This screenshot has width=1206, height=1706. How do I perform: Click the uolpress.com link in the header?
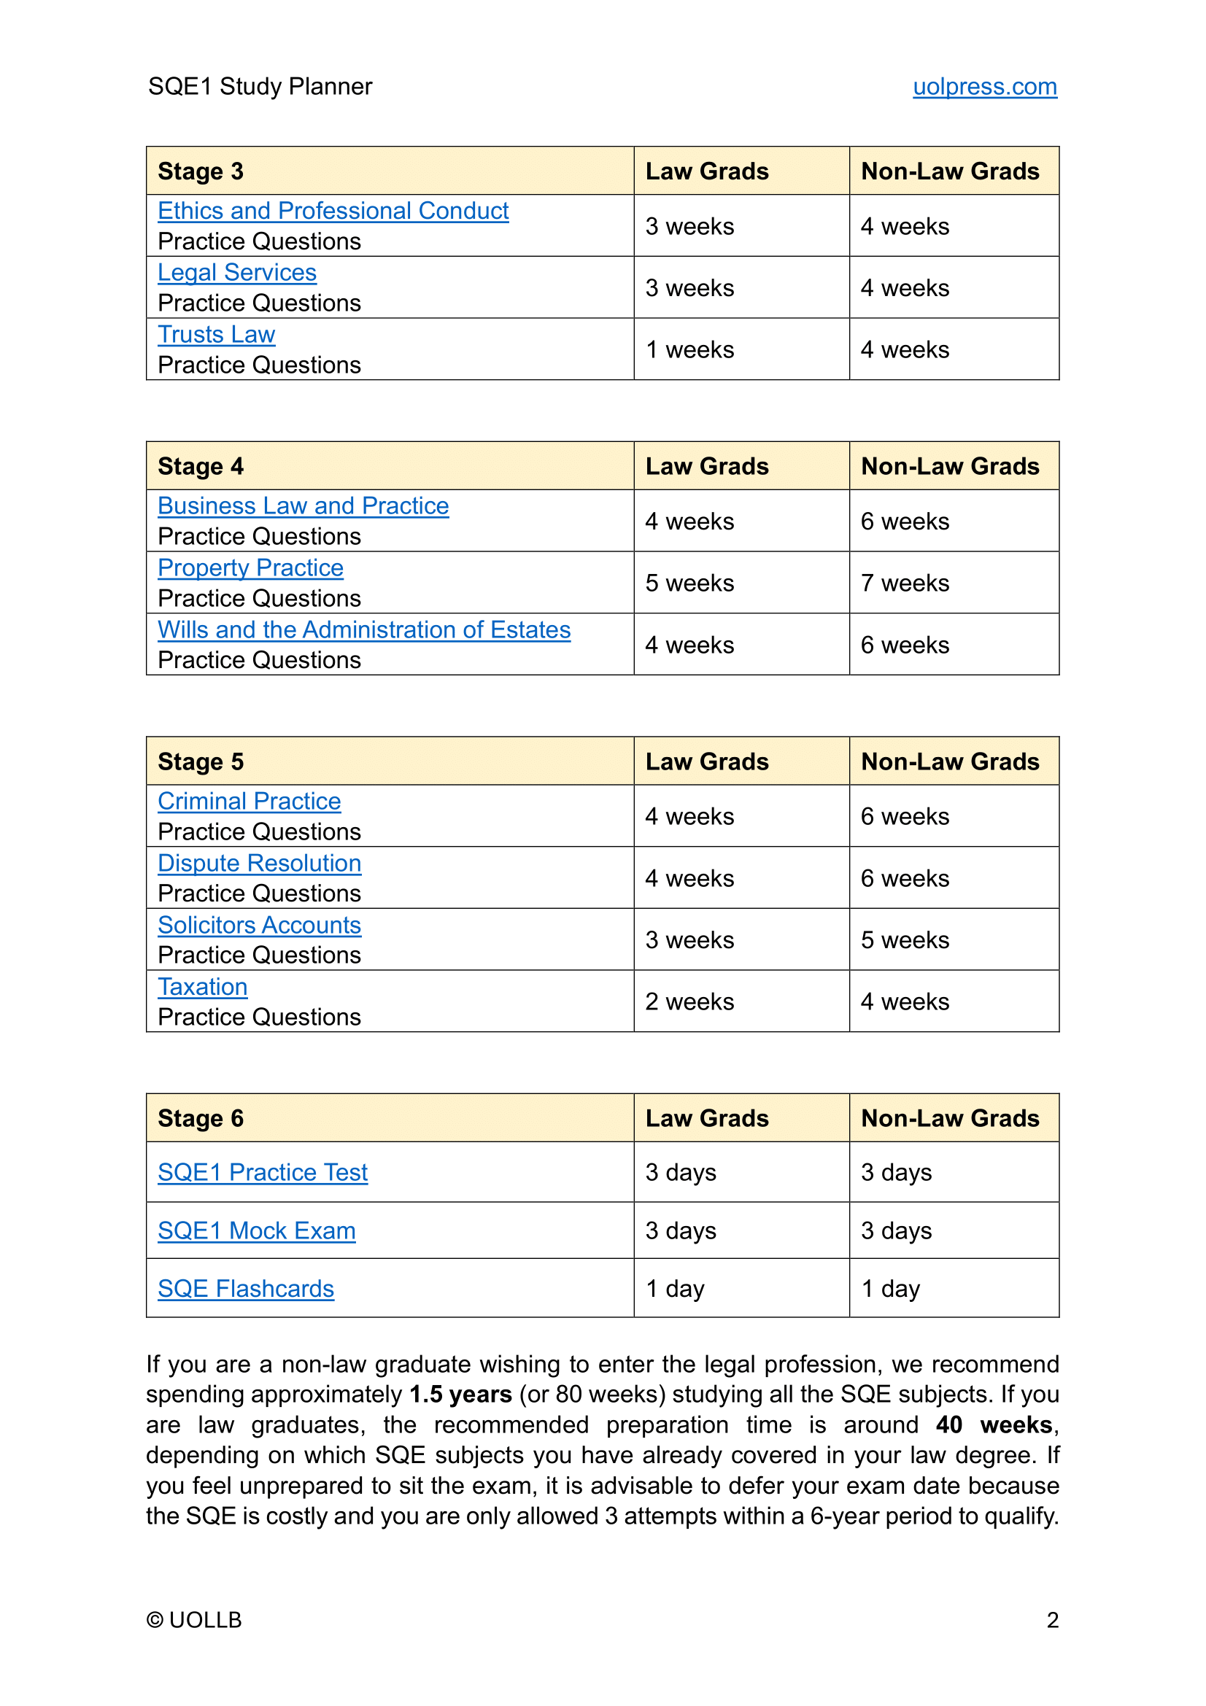(983, 87)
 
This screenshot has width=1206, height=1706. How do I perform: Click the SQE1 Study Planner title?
(260, 87)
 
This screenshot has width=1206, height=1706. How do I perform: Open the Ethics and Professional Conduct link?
(333, 211)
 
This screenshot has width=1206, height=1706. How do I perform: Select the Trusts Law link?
(216, 335)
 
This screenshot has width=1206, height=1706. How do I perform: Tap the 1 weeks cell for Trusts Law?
(689, 350)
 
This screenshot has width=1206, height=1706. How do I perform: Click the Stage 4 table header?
(201, 467)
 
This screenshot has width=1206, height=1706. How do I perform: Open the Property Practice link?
(250, 568)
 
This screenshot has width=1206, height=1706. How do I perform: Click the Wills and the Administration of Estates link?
(364, 630)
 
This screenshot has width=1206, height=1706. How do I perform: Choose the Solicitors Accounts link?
(259, 926)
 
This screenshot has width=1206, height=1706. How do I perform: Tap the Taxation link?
(202, 988)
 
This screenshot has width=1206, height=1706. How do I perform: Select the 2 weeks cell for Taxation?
(689, 1002)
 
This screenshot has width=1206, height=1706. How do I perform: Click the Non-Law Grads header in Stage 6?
(950, 1119)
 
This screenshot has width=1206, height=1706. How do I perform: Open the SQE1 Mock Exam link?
(256, 1231)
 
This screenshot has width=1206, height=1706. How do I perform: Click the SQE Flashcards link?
(246, 1289)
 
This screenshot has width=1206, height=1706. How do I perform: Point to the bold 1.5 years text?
(460, 1395)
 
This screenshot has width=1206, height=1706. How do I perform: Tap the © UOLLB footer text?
(194, 1620)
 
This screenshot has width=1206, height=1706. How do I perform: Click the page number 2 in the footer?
(1052, 1620)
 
